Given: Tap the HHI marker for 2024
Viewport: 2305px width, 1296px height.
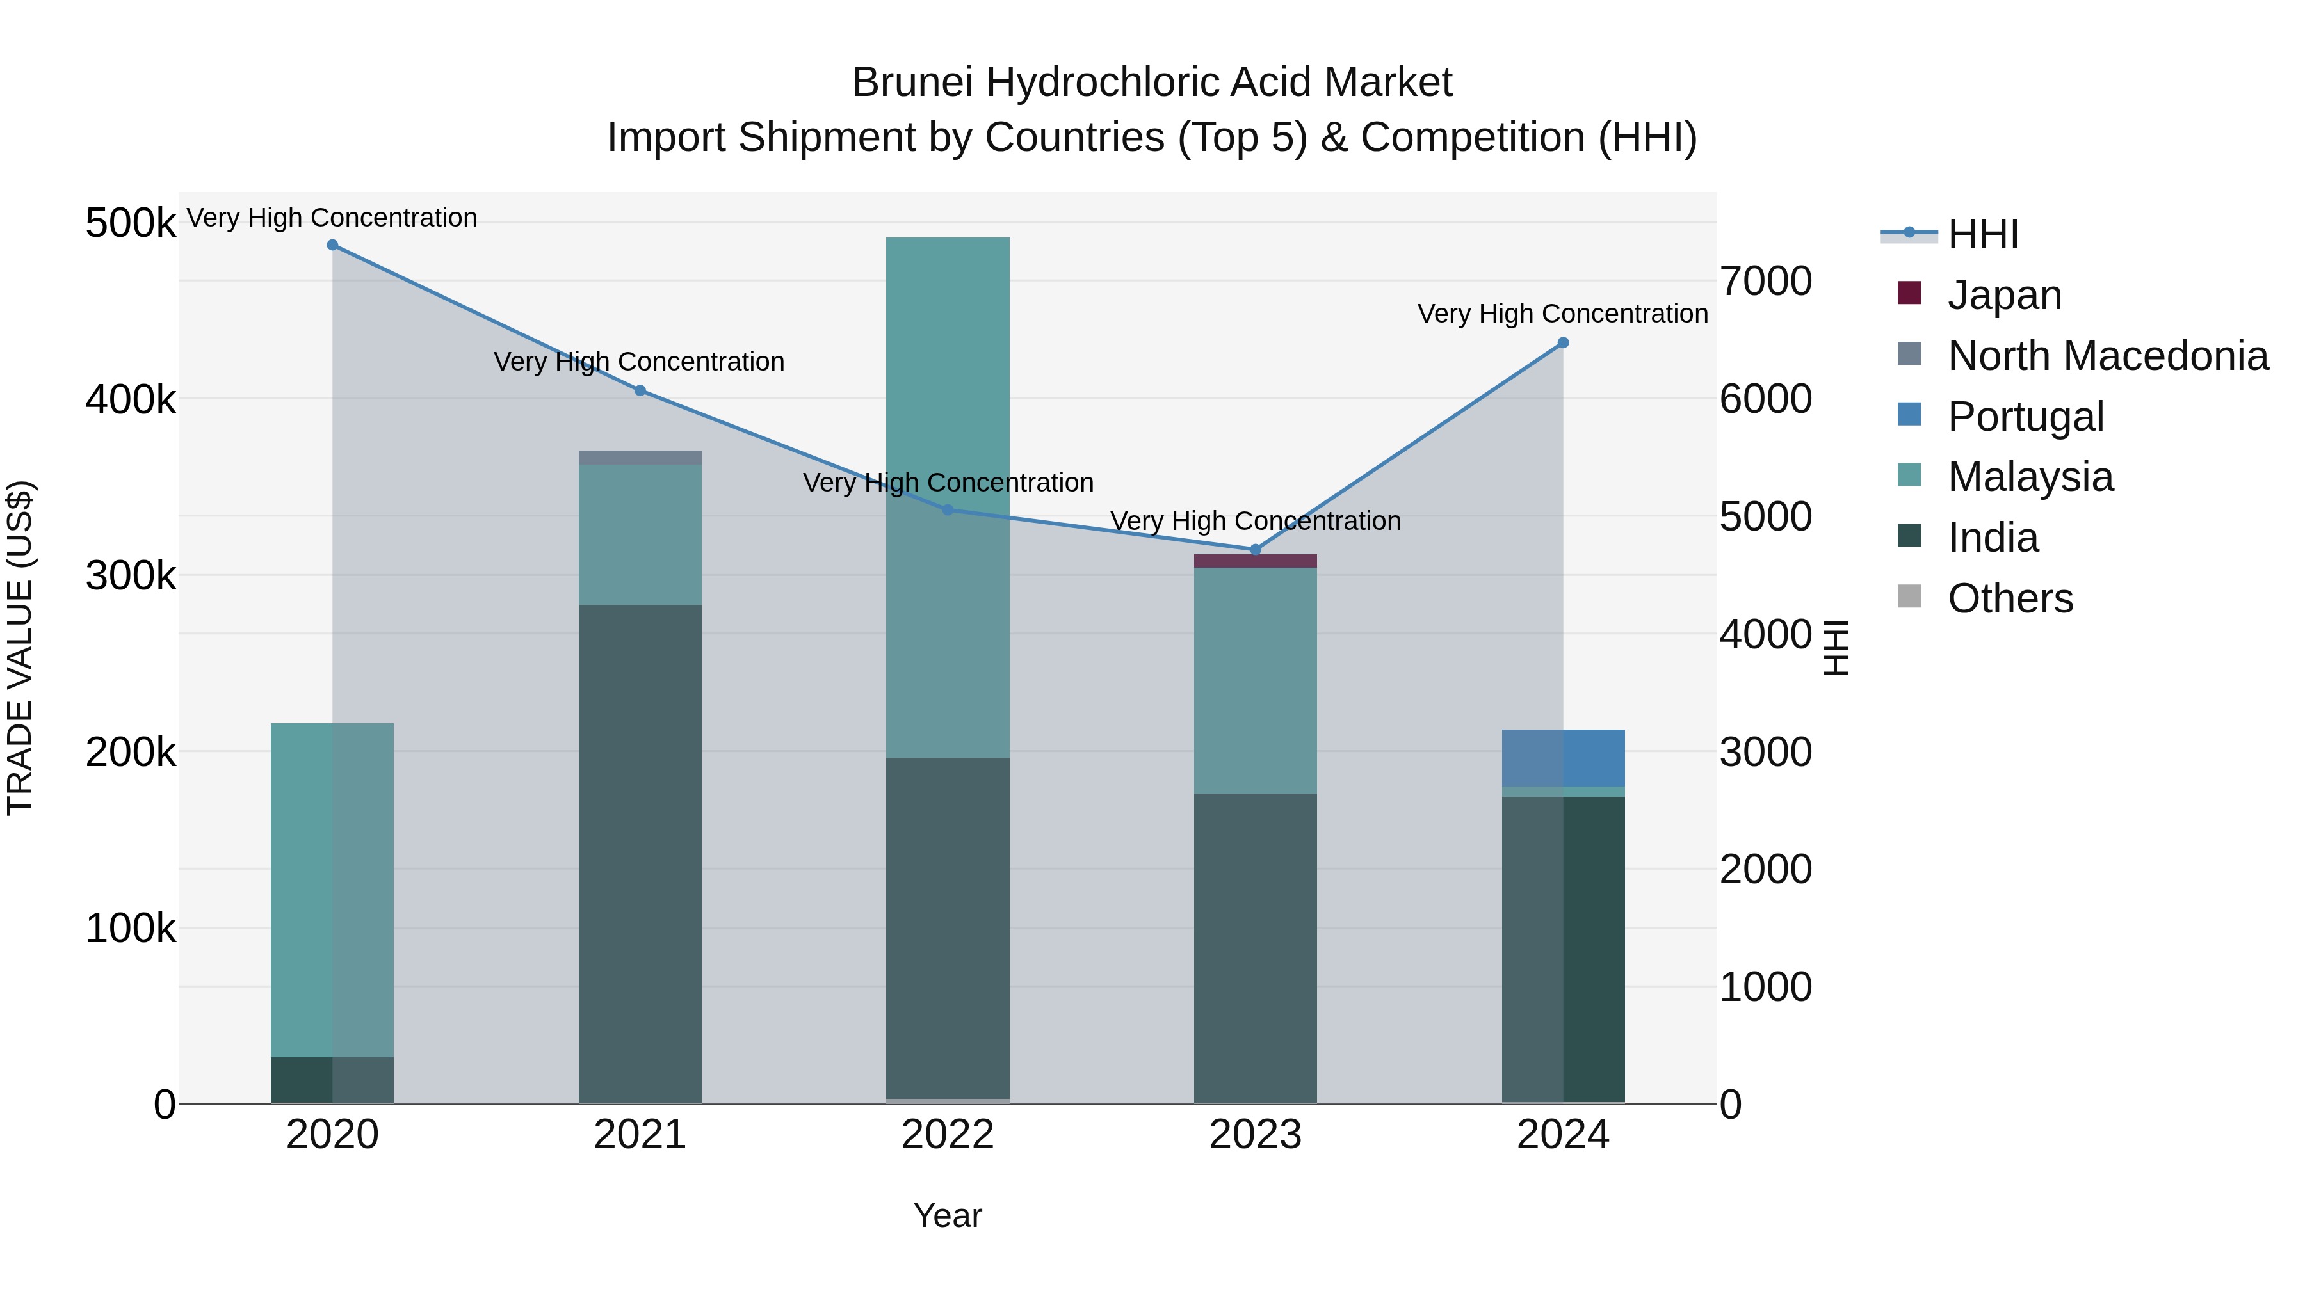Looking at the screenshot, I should click(x=1562, y=342).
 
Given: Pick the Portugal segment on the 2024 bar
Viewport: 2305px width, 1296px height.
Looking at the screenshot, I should click(x=1562, y=758).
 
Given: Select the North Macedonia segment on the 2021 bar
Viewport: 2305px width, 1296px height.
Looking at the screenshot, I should click(x=640, y=457).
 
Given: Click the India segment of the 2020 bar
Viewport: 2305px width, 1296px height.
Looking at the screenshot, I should click(x=332, y=1080).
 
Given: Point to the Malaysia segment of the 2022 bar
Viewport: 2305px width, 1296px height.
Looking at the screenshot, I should click(x=948, y=497).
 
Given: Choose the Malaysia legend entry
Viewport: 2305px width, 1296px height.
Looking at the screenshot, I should click(x=2030, y=477).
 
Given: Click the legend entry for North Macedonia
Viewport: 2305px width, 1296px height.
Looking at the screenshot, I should click(x=2107, y=356).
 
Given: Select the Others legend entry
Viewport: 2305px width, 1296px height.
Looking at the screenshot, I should click(x=2010, y=598).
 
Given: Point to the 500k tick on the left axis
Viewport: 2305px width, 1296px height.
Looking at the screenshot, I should click(x=131, y=223).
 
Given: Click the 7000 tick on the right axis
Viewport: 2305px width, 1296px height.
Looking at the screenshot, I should click(x=1765, y=281).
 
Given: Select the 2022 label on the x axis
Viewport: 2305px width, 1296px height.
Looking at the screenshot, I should click(x=948, y=1135).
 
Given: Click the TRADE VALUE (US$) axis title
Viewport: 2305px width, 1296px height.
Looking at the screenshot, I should click(x=20, y=648).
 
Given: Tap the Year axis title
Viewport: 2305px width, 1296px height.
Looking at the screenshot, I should click(x=948, y=1215).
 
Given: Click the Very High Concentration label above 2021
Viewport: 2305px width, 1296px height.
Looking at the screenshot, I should click(x=639, y=362).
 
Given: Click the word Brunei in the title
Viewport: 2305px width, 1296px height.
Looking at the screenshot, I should click(x=912, y=83).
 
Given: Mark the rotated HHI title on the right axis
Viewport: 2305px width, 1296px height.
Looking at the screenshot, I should click(x=1834, y=648).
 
